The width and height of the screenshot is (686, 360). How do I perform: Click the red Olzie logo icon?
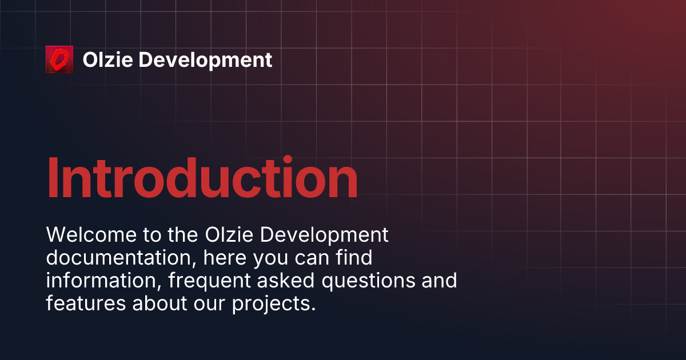click(x=59, y=59)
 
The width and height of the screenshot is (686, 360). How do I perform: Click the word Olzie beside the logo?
click(x=108, y=59)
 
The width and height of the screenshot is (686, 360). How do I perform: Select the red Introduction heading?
click(x=202, y=178)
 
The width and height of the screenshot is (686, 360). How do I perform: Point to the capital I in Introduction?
click(x=53, y=178)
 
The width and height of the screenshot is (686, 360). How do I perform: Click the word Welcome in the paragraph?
click(x=91, y=235)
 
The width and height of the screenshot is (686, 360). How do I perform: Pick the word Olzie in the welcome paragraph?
click(x=229, y=235)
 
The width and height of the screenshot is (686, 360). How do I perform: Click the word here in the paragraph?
click(x=225, y=258)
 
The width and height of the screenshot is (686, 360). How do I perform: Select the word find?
click(x=354, y=257)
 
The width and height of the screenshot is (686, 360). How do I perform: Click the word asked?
click(x=286, y=281)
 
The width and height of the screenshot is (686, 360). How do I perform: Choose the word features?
click(x=86, y=303)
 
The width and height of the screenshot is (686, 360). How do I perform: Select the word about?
click(x=159, y=303)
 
